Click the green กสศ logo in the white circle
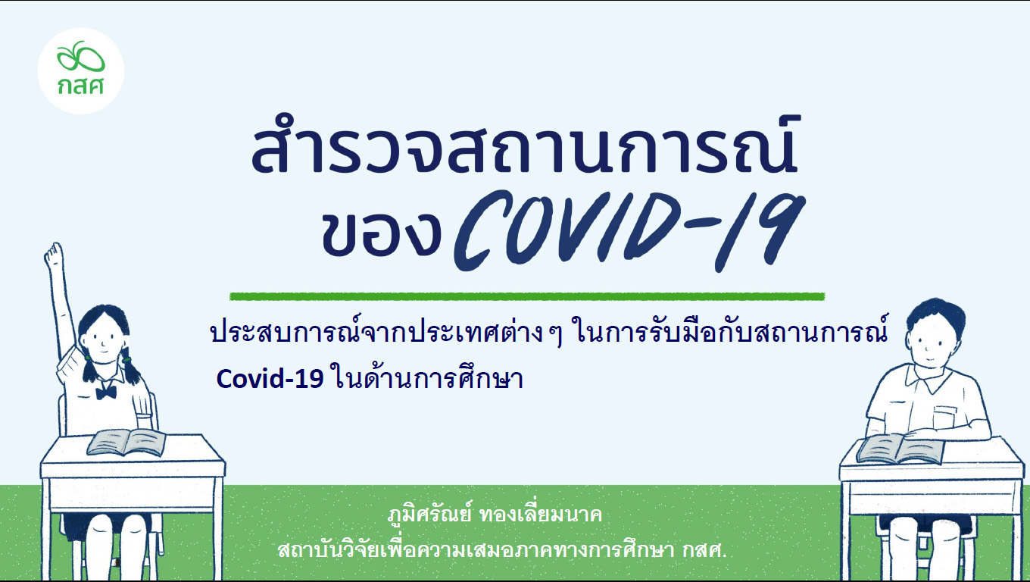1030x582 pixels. tap(81, 68)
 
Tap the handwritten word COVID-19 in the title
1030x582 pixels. tap(629, 231)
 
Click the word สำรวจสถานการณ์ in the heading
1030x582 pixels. tap(524, 145)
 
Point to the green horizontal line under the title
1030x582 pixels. tap(527, 296)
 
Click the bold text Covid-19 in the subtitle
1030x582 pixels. tap(270, 380)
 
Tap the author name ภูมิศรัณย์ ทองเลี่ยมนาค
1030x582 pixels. tap(495, 515)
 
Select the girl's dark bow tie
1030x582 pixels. tap(106, 393)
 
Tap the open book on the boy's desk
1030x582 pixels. tap(900, 449)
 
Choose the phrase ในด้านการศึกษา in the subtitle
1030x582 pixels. tap(426, 379)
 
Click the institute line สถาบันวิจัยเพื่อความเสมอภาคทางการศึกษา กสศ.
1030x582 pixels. tap(502, 550)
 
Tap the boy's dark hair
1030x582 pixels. tap(932, 314)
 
